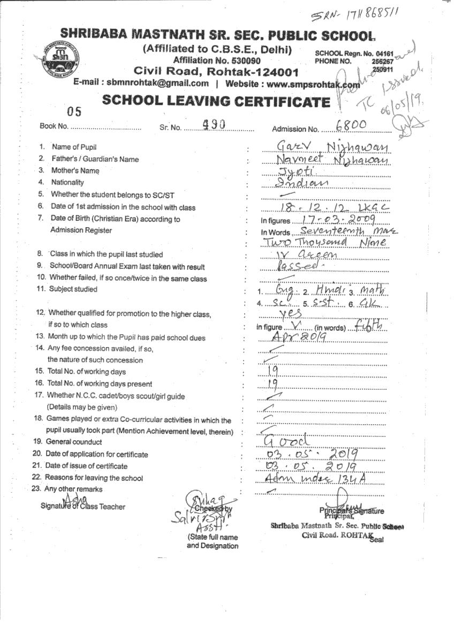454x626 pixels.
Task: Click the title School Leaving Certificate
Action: (216, 101)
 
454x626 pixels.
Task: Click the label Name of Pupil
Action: (74, 147)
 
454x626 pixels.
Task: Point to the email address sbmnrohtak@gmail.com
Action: (157, 84)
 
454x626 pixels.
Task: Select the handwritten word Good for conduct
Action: (287, 442)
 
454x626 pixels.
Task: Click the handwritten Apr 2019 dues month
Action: (294, 337)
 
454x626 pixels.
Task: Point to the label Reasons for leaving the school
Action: (94, 478)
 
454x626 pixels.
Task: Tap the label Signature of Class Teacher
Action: (83, 507)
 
